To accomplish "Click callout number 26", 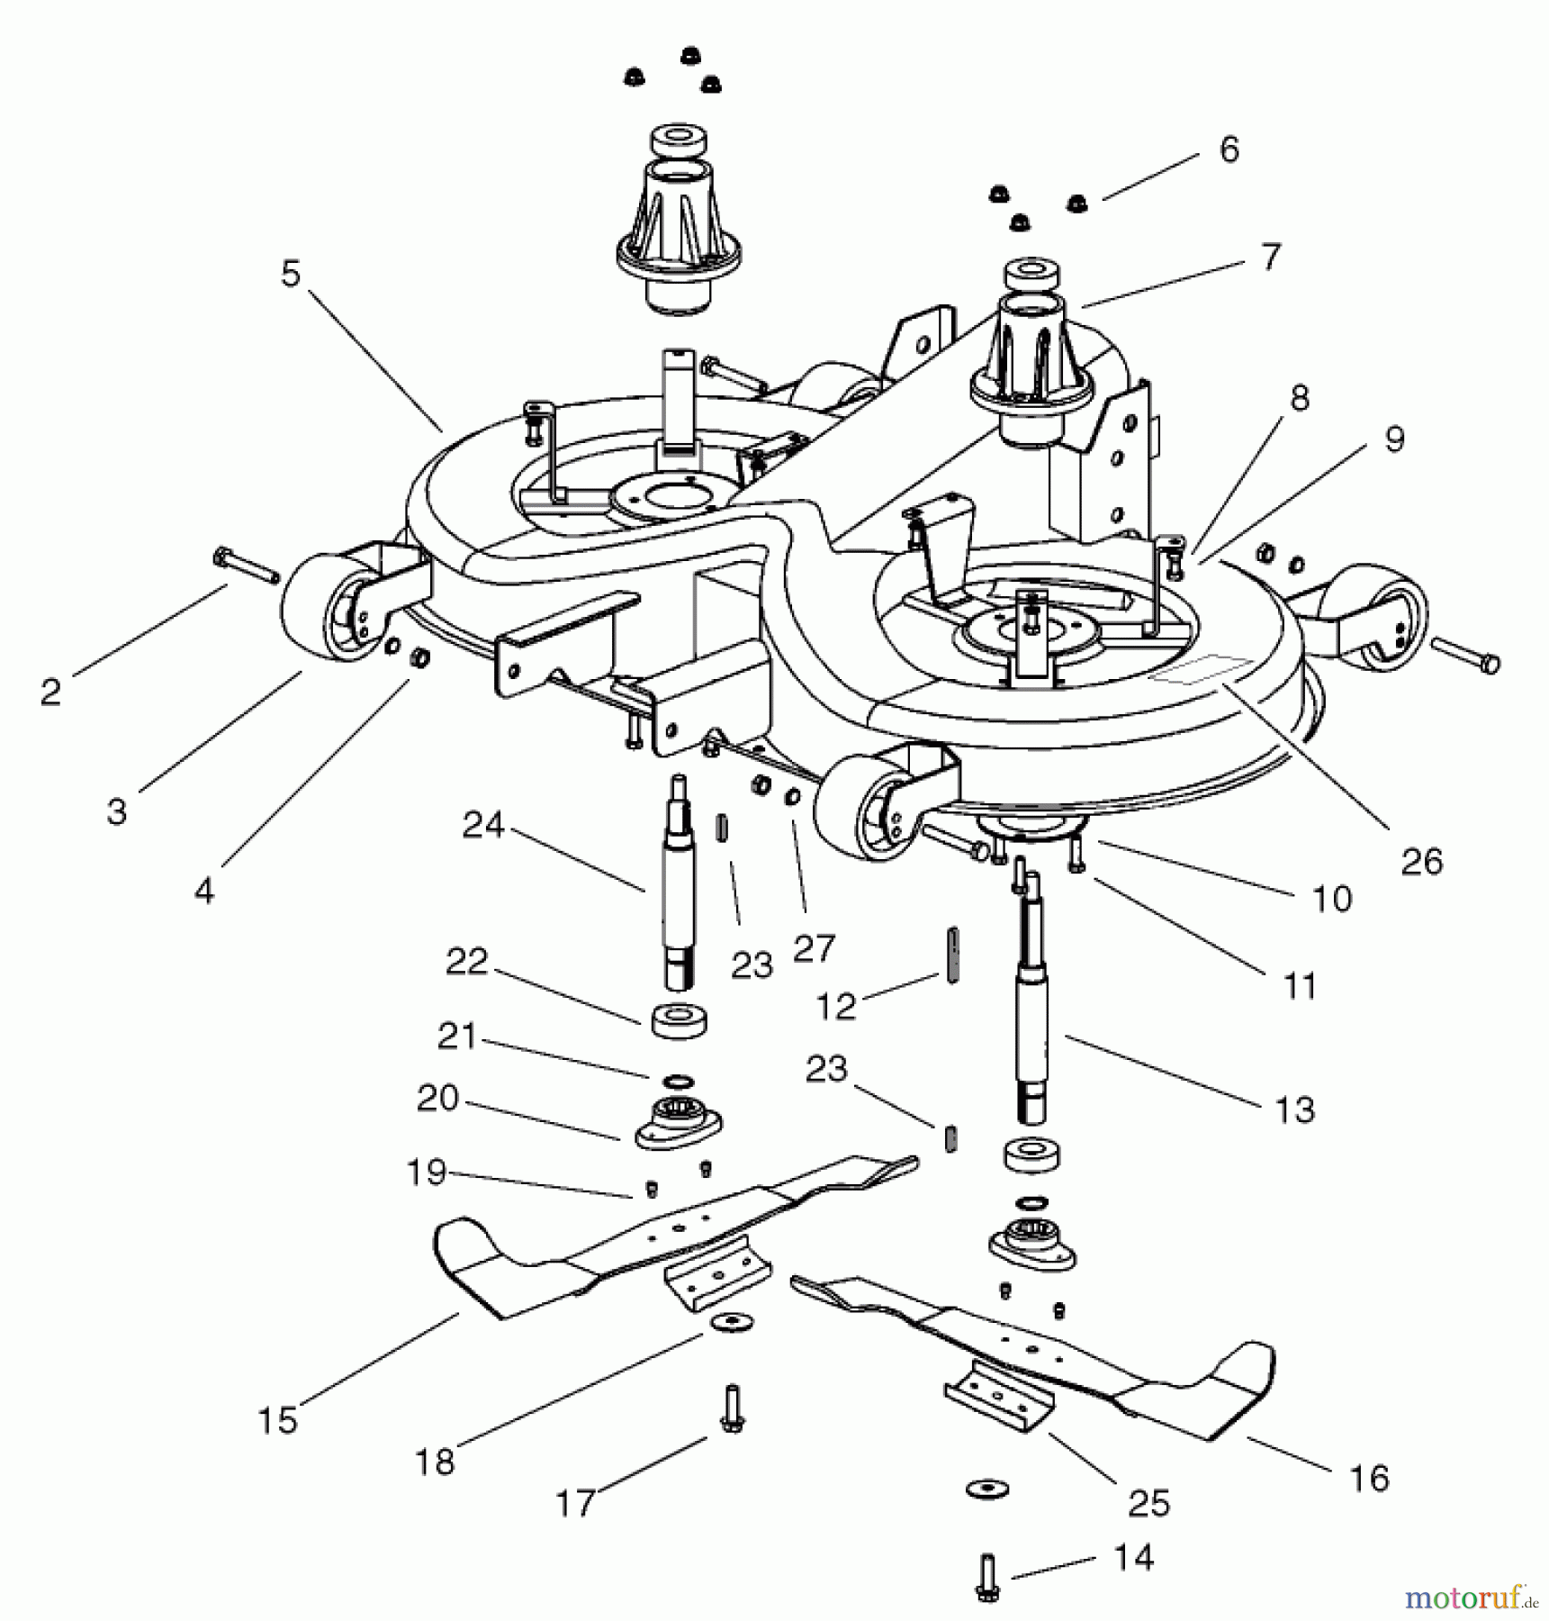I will click(x=1421, y=861).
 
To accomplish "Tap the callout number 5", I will click(x=290, y=274).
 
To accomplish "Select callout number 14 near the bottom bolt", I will click(x=1132, y=1557).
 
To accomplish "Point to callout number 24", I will click(x=482, y=825).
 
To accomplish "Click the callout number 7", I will click(x=1269, y=257).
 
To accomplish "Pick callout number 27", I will click(x=815, y=948).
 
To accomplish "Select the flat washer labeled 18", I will click(x=731, y=1323).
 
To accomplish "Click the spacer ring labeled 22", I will click(x=680, y=1019).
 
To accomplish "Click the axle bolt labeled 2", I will click(x=246, y=567).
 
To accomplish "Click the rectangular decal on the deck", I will click(x=1202, y=668).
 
